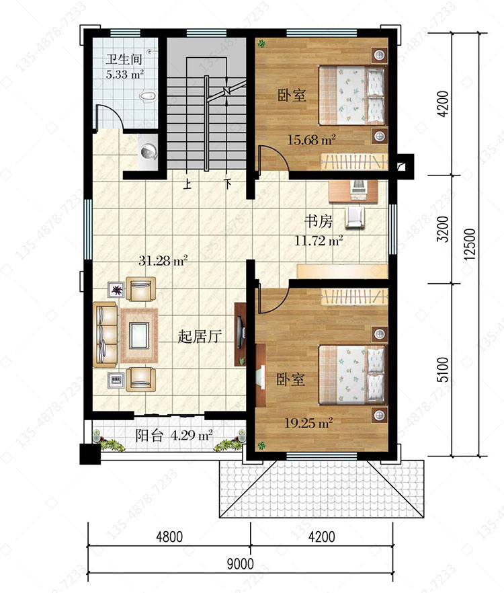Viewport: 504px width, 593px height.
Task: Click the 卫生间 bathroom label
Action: pos(124,59)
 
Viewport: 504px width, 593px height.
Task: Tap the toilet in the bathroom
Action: pos(147,96)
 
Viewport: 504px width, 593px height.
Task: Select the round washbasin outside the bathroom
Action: pos(149,152)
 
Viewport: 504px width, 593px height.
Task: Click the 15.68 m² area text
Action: pos(312,140)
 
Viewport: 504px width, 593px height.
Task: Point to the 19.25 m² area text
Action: pos(308,422)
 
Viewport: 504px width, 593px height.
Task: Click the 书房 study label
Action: pos(319,221)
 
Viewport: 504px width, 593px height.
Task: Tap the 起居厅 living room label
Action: pos(200,336)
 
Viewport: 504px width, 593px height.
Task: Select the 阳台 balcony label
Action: pos(149,436)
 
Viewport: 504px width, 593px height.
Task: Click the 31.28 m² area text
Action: pos(163,261)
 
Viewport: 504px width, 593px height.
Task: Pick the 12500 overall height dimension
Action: pos(470,244)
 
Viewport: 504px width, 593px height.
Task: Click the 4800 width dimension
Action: pos(169,537)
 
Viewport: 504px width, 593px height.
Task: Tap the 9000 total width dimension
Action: pos(241,564)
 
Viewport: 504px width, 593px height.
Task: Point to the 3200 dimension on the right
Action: pos(442,229)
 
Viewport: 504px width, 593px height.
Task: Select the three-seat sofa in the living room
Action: pos(105,335)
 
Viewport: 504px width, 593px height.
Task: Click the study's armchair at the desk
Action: pos(355,216)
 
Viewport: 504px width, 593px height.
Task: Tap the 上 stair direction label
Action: pos(186,184)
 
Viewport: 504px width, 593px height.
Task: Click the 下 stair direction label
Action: pos(227,184)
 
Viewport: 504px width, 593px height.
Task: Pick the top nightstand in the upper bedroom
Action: pos(379,55)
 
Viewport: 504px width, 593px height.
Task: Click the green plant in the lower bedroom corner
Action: pos(261,446)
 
